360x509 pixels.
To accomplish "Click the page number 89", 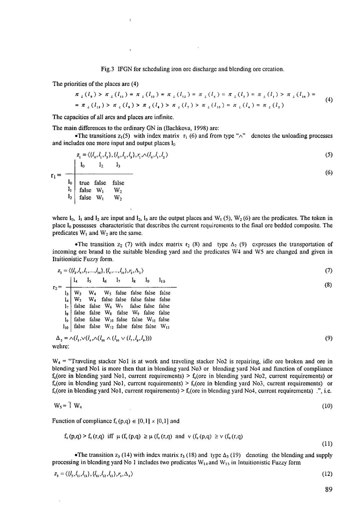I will point(328,490).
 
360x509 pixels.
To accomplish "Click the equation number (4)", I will point(328,100).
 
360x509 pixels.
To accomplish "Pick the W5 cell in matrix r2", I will point(105,293).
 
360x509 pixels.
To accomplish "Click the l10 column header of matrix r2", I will point(163,281).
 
